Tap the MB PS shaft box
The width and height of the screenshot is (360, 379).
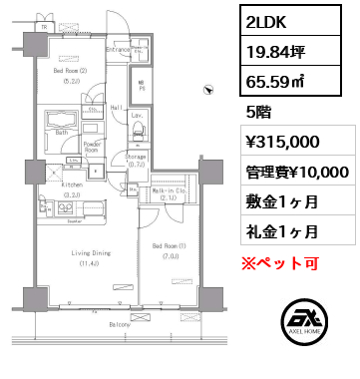pyautogui.click(x=143, y=86)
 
